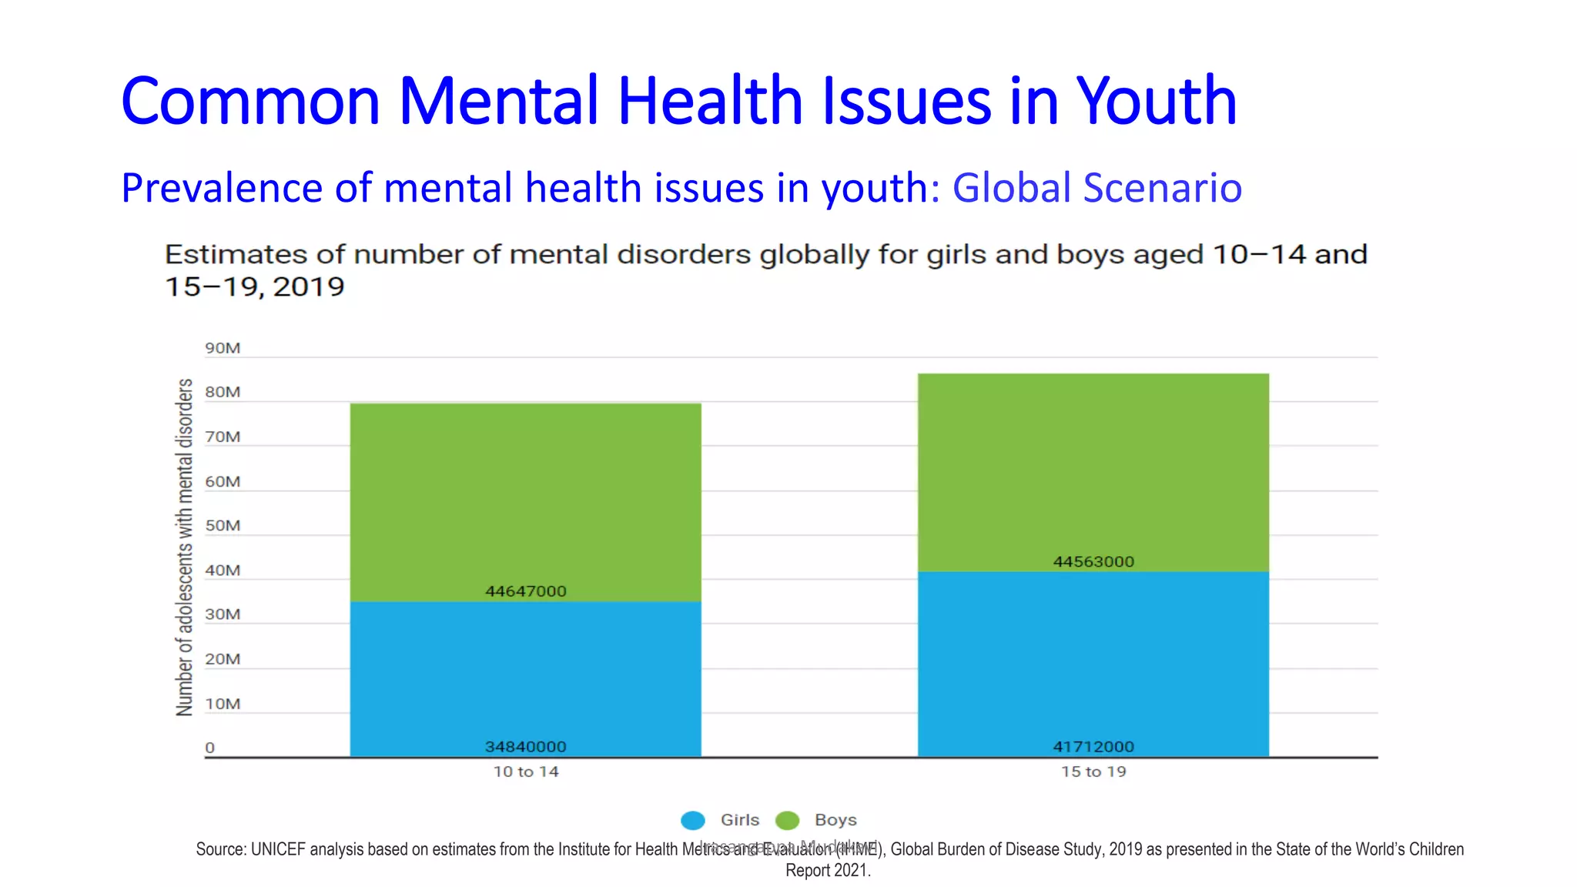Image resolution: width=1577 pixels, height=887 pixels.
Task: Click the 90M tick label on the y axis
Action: [223, 348]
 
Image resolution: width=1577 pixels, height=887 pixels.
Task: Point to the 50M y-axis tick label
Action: [223, 526]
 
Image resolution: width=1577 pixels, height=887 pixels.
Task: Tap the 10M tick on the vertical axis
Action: [223, 704]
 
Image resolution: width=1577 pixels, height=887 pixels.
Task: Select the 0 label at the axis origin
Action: [209, 748]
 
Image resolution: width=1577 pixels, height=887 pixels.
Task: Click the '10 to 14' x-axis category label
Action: [526, 772]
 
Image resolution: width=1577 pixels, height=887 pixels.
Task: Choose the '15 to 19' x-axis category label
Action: [1093, 772]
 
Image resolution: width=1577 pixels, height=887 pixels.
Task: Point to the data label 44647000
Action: [526, 591]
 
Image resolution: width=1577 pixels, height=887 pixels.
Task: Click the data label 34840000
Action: [526, 747]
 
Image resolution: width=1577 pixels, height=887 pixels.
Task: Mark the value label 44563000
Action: [1093, 562]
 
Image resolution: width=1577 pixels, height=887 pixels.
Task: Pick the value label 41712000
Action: [1093, 747]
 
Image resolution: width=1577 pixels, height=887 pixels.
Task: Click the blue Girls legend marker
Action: [693, 821]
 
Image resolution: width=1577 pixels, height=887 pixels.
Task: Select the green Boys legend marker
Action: [787, 821]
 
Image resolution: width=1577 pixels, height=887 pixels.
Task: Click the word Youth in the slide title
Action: [1156, 101]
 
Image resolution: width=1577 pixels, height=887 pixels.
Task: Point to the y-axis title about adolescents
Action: [185, 547]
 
